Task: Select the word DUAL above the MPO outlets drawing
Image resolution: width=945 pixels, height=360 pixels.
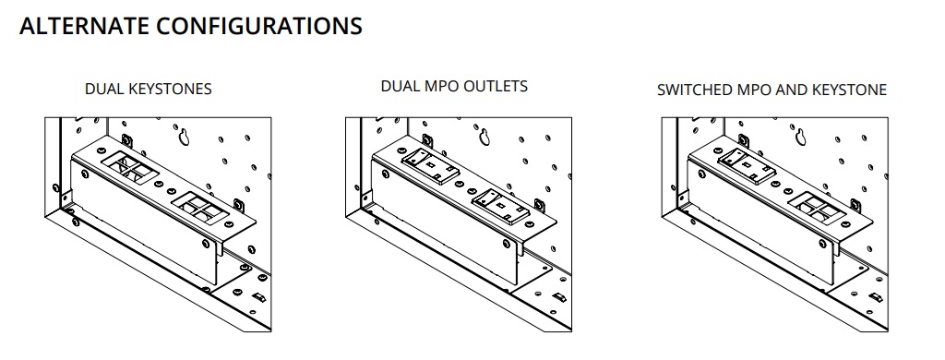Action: point(401,86)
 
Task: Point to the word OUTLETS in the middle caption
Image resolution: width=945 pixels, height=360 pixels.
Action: point(497,86)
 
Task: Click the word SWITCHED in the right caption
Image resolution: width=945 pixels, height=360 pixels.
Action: point(692,90)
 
